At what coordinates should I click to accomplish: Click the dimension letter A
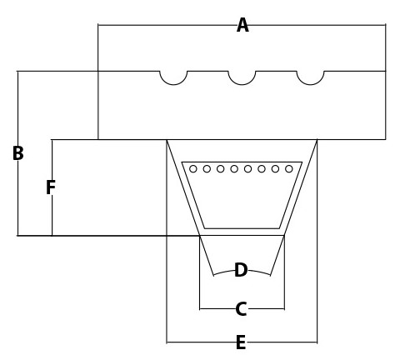tap(242, 25)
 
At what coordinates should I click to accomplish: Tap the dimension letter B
tap(18, 153)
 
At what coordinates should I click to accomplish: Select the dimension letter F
tap(51, 187)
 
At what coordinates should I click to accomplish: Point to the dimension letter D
tap(241, 270)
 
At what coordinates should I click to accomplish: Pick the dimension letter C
tap(241, 309)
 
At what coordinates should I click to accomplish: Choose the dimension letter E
tap(241, 342)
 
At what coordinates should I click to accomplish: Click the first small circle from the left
tap(193, 169)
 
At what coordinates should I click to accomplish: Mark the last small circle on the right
tap(289, 169)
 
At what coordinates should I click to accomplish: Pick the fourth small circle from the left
tap(234, 169)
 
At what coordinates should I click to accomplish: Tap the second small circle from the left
tap(207, 169)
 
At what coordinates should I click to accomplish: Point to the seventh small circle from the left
tap(275, 169)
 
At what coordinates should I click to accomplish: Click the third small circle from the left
tap(221, 169)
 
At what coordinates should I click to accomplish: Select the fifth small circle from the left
tap(247, 169)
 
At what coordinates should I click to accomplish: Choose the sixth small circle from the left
tap(262, 169)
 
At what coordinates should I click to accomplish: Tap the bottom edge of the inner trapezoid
tap(242, 228)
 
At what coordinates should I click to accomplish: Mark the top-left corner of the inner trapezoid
tap(182, 162)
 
